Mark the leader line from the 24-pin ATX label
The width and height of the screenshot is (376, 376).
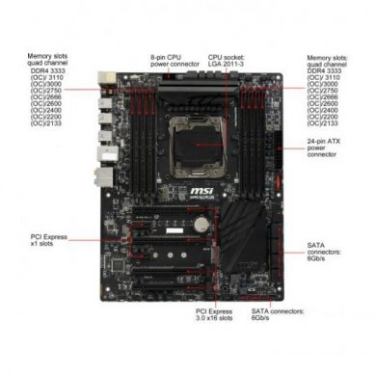[x=289, y=146]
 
